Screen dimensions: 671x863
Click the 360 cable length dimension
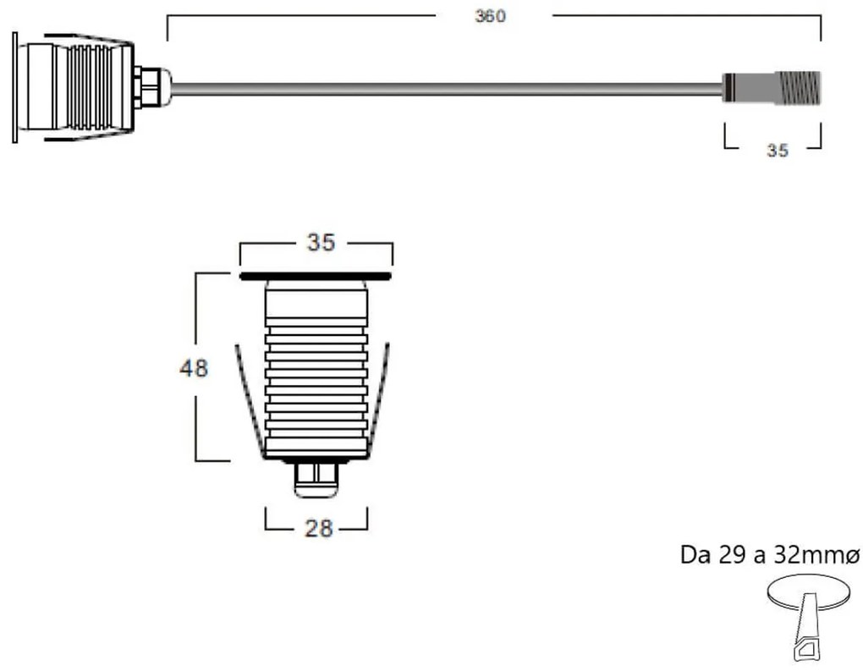pos(490,16)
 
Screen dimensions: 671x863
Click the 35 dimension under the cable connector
pos(777,151)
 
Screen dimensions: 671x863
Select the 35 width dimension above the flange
pos(321,243)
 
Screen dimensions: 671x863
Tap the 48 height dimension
pos(193,368)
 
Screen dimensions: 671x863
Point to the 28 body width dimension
pos(317,529)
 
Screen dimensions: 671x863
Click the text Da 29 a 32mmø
pos(769,556)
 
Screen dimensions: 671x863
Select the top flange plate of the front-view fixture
pos(316,276)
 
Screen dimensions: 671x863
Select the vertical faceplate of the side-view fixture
pos(14,87)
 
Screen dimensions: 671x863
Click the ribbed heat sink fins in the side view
pos(86,86)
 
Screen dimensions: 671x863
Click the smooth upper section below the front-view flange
pos(316,301)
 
